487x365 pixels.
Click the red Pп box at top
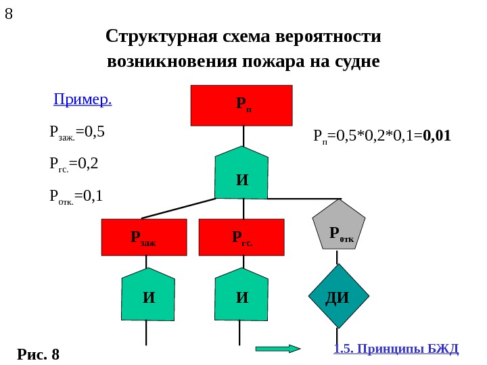pyautogui.click(x=241, y=105)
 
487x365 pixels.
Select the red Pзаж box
pyautogui.click(x=143, y=237)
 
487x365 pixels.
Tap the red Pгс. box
pyautogui.click(x=241, y=237)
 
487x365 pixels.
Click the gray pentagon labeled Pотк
pyautogui.click(x=338, y=226)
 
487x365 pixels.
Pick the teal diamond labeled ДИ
pyautogui.click(x=338, y=296)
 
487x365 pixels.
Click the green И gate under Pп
pyautogui.click(x=242, y=177)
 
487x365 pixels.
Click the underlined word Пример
pyautogui.click(x=83, y=101)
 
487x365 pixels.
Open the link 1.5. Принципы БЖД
pyautogui.click(x=396, y=349)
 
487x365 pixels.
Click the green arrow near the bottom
pyautogui.click(x=277, y=349)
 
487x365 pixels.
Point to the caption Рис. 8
pyautogui.click(x=39, y=354)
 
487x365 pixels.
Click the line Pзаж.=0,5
pyautogui.click(x=78, y=130)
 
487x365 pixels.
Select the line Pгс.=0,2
pyautogui.click(x=74, y=163)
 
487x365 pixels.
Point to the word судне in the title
pyautogui.click(x=357, y=62)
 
